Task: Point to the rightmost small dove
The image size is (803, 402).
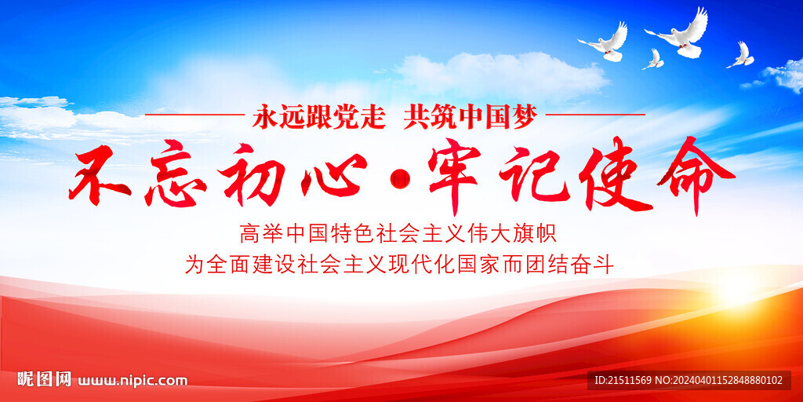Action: [x=741, y=57]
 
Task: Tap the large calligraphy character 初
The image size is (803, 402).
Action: [x=251, y=174]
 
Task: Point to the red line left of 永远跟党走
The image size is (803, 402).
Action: [x=194, y=115]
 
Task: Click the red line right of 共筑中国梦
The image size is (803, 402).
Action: [x=595, y=115]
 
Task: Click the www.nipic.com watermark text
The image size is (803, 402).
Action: [x=132, y=381]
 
